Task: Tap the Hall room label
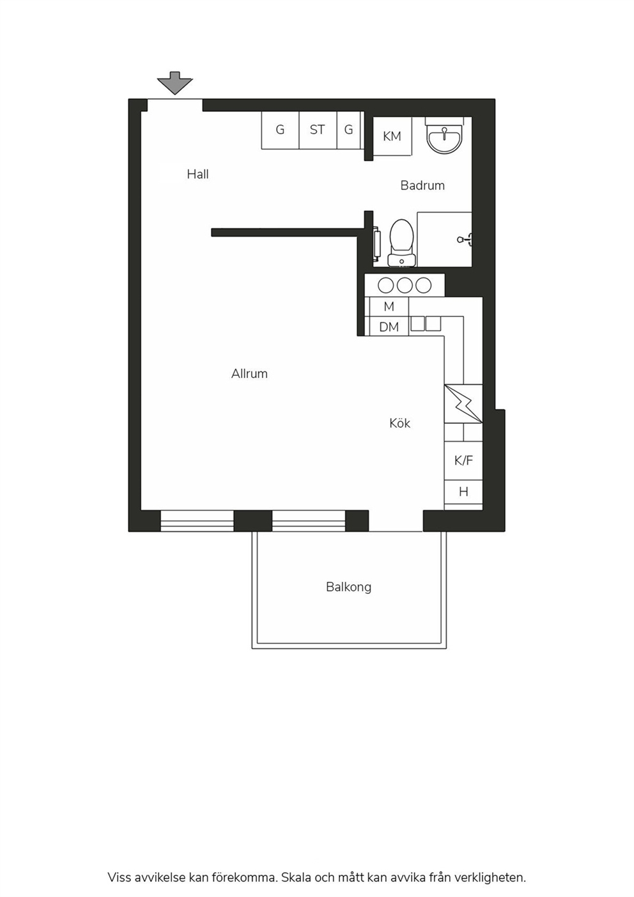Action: [x=197, y=174]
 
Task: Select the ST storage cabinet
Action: [x=318, y=130]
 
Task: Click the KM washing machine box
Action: [x=392, y=137]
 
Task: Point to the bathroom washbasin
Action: [x=445, y=136]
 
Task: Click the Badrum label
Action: [x=422, y=185]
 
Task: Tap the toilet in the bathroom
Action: [x=401, y=242]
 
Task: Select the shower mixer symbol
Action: [x=465, y=240]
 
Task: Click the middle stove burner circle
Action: [x=405, y=286]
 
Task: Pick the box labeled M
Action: [x=389, y=307]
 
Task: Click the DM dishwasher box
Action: [x=389, y=327]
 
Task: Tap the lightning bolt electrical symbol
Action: [x=463, y=403]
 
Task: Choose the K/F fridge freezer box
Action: [x=463, y=460]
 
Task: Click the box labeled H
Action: [x=463, y=492]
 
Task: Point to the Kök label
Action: [x=400, y=423]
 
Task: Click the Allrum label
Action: [x=249, y=373]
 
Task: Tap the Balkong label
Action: [x=348, y=588]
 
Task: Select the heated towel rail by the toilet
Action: [x=376, y=242]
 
